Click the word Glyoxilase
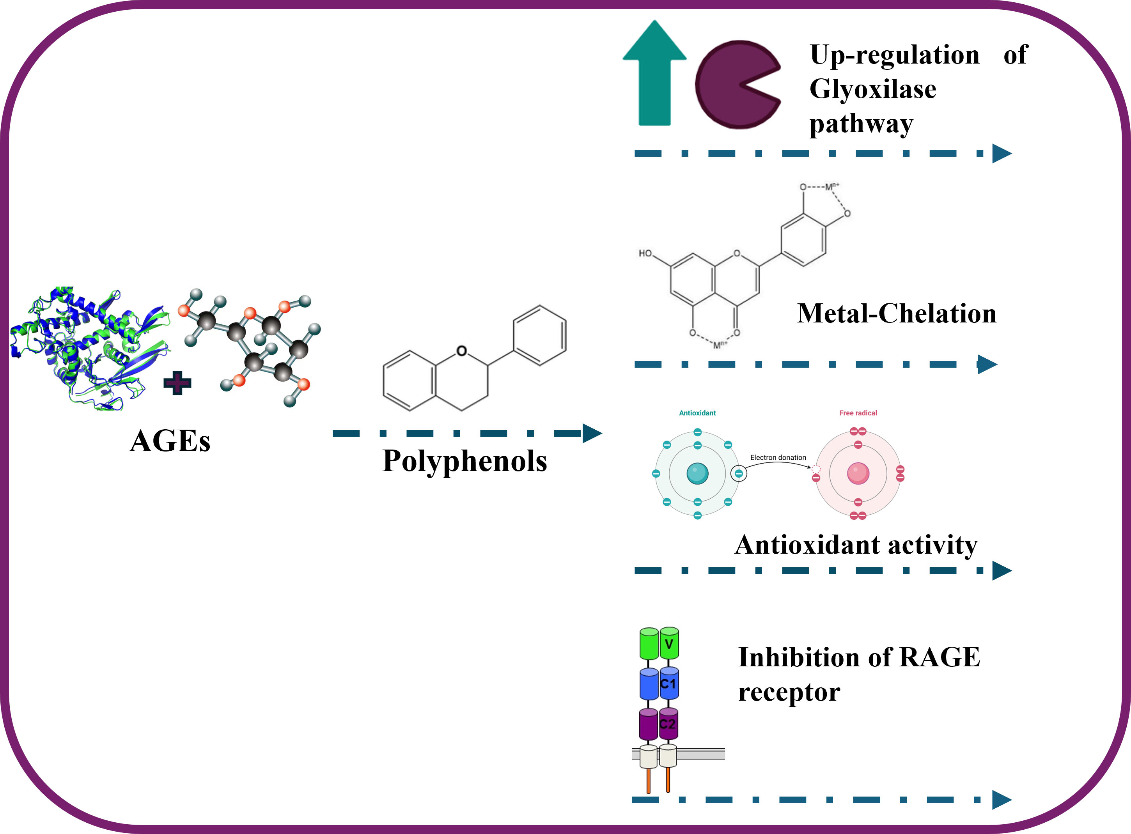coord(872,89)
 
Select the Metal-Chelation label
coord(897,313)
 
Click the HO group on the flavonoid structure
coord(645,253)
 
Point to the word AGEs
coord(170,441)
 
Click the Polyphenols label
coord(464,461)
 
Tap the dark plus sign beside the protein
coord(177,383)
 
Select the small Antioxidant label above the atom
coord(697,413)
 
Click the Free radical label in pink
coord(858,413)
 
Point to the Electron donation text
coord(778,457)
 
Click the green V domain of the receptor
coord(669,644)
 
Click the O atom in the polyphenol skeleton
coord(461,351)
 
